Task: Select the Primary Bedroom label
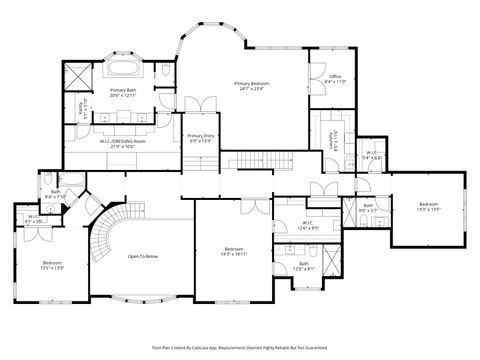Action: tap(255, 86)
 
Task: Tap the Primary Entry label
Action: tap(200, 138)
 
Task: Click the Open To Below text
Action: tap(142, 257)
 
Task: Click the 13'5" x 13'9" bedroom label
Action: tap(52, 266)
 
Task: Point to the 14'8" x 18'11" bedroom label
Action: tap(234, 251)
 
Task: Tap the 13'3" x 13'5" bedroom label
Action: tap(428, 208)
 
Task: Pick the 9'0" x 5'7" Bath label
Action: tap(368, 207)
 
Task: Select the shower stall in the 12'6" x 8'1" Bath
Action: tap(331, 254)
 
